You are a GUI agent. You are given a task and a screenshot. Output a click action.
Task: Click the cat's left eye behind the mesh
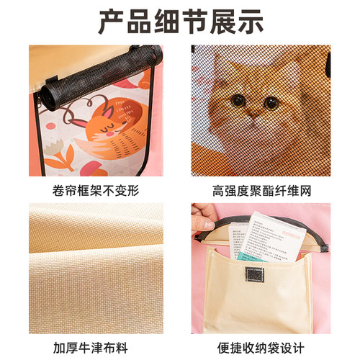coord(238,101)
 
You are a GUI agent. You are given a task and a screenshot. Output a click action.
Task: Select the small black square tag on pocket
coord(253,277)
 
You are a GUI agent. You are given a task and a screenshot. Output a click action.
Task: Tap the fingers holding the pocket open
coord(204,216)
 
